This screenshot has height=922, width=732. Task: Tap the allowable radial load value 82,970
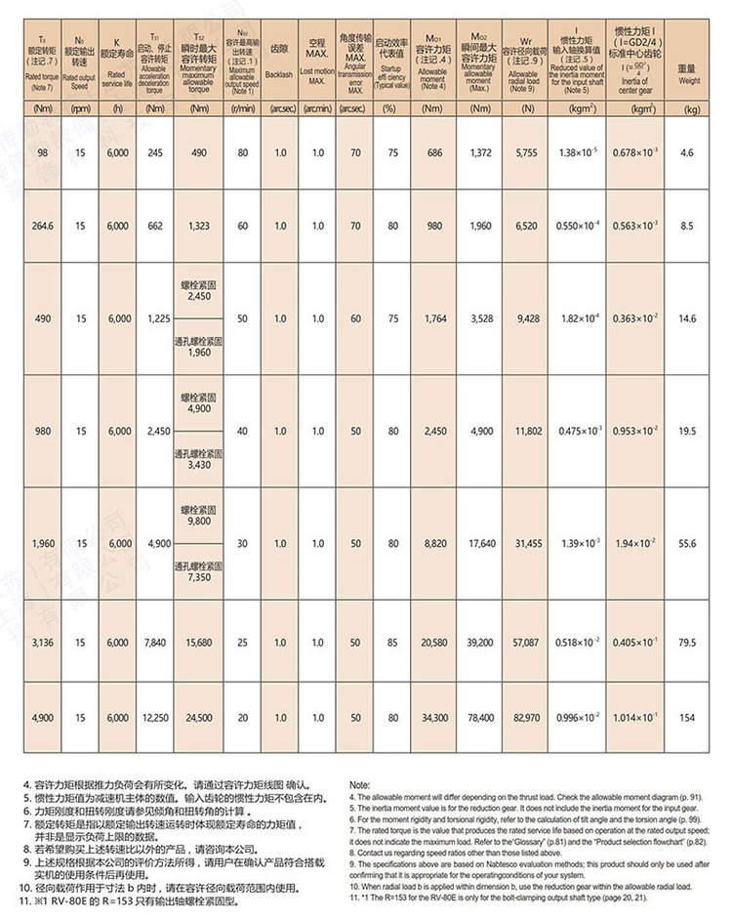526,718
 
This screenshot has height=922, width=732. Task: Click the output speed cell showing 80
242,153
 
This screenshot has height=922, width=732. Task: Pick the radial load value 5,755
526,153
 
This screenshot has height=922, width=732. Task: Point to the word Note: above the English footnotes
359,785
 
